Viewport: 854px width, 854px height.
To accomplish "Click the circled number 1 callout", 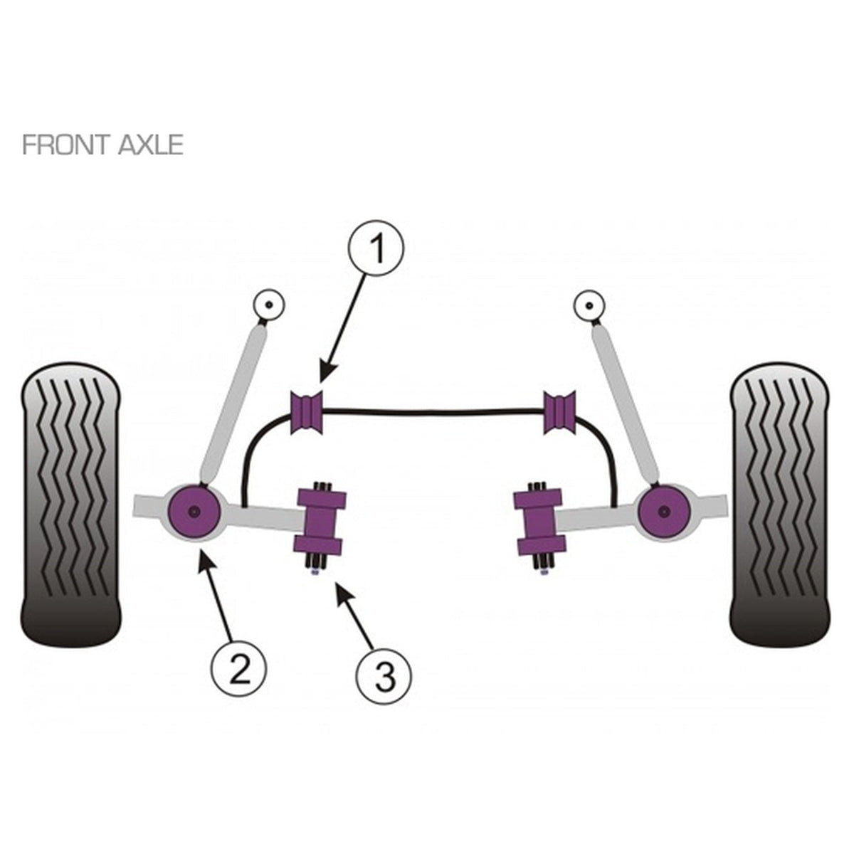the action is tap(378, 248).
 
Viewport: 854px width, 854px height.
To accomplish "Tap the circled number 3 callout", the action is tap(384, 678).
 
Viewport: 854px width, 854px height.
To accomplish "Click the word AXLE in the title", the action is tap(151, 145).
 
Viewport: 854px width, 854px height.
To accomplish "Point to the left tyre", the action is tap(71, 503).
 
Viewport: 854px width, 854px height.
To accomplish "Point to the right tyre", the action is tap(779, 503).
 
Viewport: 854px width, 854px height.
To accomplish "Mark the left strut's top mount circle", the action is tap(268, 305).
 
